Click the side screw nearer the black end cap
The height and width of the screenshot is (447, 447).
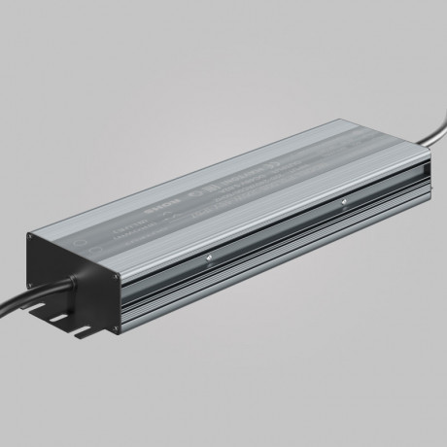(208, 257)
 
